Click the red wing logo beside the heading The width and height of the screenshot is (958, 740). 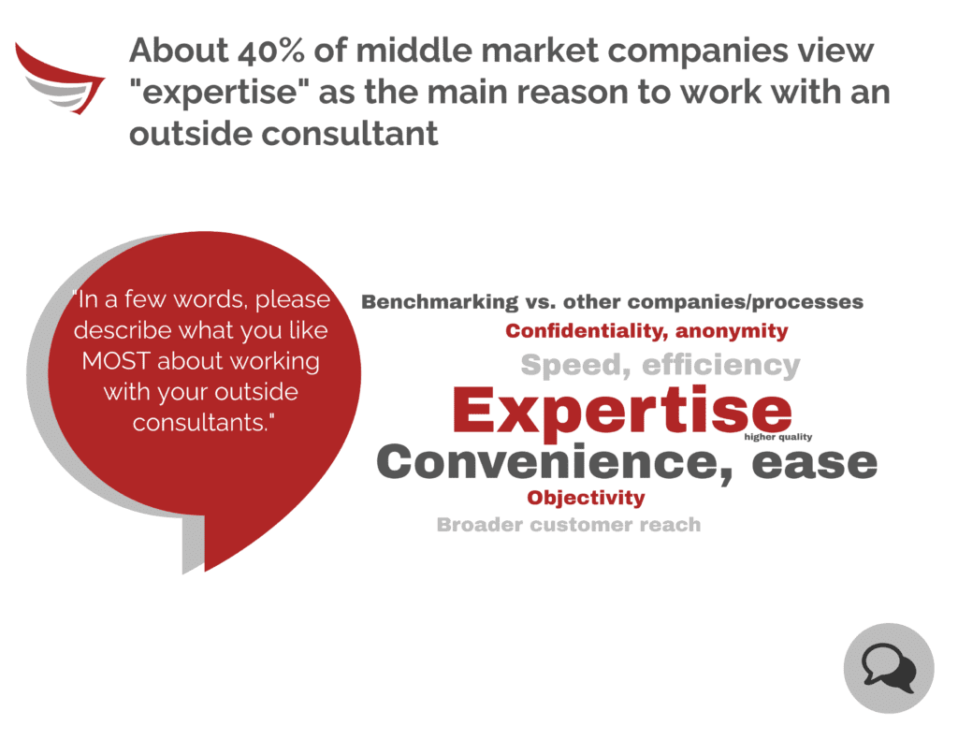[x=59, y=80]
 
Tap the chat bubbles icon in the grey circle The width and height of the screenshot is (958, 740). [x=889, y=669]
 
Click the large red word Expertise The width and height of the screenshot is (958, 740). [x=622, y=410]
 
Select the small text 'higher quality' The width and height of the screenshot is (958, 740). [x=777, y=437]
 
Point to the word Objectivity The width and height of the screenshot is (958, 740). [x=586, y=498]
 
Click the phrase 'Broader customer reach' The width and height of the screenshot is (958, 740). [x=569, y=524]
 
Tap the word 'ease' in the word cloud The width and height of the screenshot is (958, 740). [x=815, y=462]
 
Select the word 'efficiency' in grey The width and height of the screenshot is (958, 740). [x=721, y=365]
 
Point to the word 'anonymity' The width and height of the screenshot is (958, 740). [x=732, y=332]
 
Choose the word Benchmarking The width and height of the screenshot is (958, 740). [x=440, y=302]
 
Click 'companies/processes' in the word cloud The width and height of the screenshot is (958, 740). [x=746, y=302]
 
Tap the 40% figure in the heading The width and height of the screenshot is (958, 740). [x=270, y=51]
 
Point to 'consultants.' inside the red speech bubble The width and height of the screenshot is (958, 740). [x=203, y=422]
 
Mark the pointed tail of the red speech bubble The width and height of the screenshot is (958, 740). [x=206, y=571]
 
